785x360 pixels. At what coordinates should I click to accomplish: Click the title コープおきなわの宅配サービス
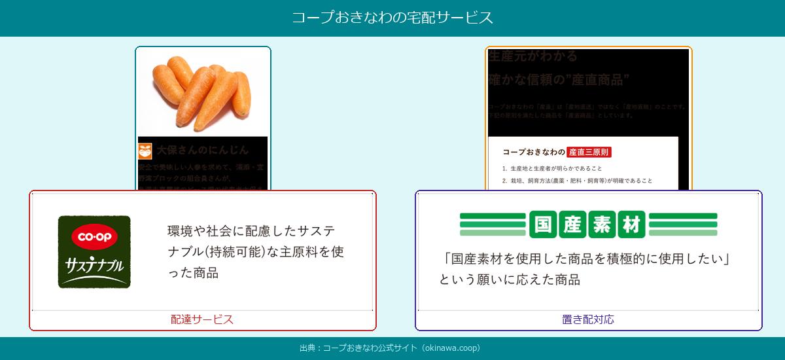(x=392, y=18)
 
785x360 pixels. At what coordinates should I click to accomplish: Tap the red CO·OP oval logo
(x=94, y=237)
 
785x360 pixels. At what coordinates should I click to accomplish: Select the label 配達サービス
(x=202, y=319)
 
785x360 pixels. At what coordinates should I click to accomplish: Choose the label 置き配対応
(x=588, y=319)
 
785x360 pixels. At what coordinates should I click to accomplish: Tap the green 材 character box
(x=631, y=224)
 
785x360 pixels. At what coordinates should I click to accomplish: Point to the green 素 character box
(x=602, y=224)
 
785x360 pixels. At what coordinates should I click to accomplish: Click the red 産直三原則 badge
(x=589, y=152)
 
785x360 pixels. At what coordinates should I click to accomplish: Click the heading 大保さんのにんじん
(x=203, y=150)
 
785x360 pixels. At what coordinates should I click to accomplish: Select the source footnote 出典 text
(x=390, y=348)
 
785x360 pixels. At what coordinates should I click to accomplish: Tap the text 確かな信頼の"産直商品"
(x=559, y=80)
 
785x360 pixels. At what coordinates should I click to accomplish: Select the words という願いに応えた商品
(x=510, y=280)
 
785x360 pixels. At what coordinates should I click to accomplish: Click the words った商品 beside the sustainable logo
(x=192, y=273)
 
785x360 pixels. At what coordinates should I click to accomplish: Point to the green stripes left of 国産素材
(x=493, y=224)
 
